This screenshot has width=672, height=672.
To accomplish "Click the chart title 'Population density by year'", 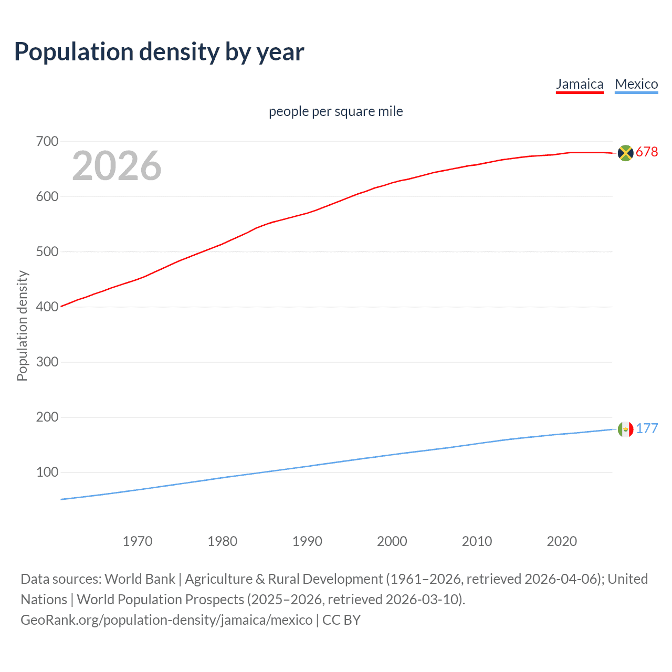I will pos(159,52).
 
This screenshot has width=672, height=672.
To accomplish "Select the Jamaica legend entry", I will pos(580,84).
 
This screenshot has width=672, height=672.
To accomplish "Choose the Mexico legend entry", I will pos(636,84).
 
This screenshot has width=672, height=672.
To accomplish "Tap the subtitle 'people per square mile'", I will pos(336,111).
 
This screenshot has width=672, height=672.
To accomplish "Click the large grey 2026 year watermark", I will pos(117,166).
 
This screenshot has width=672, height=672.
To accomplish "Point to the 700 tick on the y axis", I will pos(47,141).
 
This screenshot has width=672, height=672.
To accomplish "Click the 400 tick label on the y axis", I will pos(47,307).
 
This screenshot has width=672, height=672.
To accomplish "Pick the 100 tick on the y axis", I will pos(47,472).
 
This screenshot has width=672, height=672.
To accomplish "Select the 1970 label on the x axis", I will pos(138,541).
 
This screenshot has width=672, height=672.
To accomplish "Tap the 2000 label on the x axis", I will pos(392,541).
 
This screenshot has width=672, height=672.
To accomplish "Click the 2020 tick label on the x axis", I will pos(562,541).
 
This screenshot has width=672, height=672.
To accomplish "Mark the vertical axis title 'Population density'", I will pos(22,325).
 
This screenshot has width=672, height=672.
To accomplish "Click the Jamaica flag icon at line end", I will pos(625,153).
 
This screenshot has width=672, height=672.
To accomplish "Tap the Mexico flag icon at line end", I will pos(625,429).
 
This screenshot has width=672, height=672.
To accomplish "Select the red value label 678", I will pos(647,152).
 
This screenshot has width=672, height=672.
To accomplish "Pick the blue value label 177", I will pos(647,428).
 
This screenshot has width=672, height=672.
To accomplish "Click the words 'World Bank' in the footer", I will pos(140,579).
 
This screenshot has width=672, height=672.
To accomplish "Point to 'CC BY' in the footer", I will pos(341,620).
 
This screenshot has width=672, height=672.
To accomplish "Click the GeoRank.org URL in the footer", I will pos(166,620).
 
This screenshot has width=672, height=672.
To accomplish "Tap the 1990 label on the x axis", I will pos(307,541).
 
